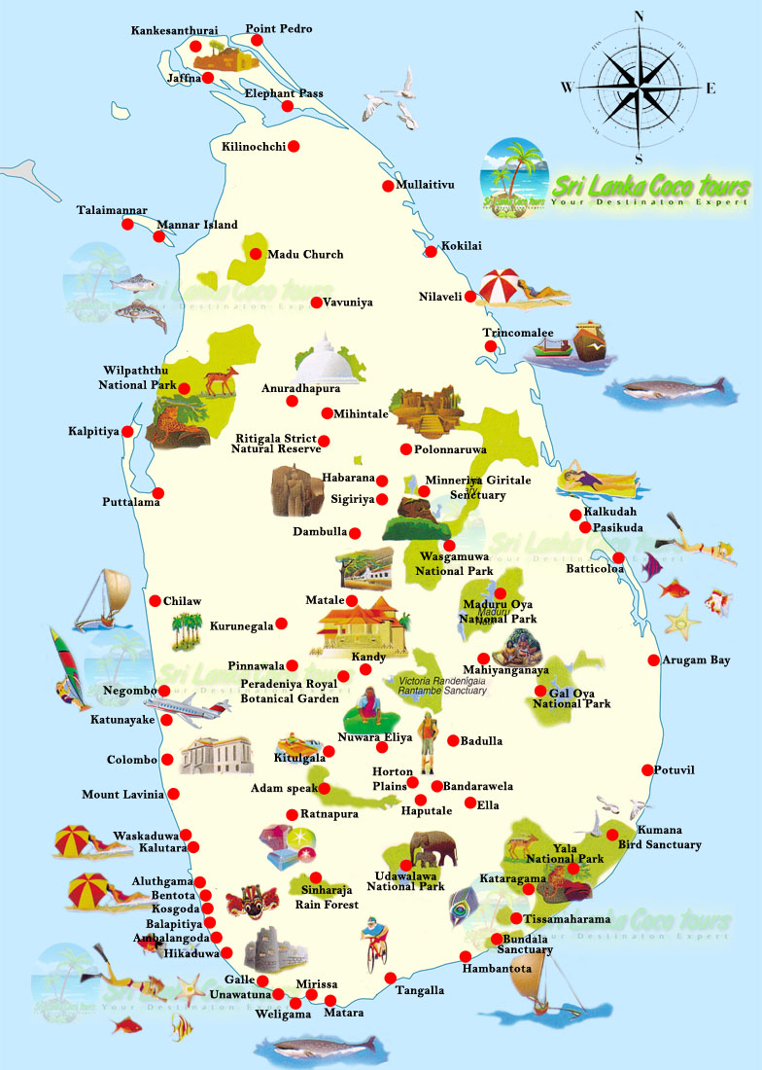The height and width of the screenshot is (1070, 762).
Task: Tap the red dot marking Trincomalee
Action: pyautogui.click(x=493, y=345)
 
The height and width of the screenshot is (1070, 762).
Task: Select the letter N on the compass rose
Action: pyautogui.click(x=640, y=17)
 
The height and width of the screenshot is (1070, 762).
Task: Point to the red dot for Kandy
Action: pyautogui.click(x=365, y=669)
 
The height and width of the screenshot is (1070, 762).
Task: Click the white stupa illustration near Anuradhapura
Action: pyautogui.click(x=326, y=361)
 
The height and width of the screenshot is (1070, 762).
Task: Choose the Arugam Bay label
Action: pyautogui.click(x=696, y=660)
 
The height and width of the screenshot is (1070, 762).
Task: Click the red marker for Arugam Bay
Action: pyautogui.click(x=653, y=660)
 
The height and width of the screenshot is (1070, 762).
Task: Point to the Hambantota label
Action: pyautogui.click(x=497, y=969)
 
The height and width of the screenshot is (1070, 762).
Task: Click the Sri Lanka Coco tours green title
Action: pyautogui.click(x=650, y=186)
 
